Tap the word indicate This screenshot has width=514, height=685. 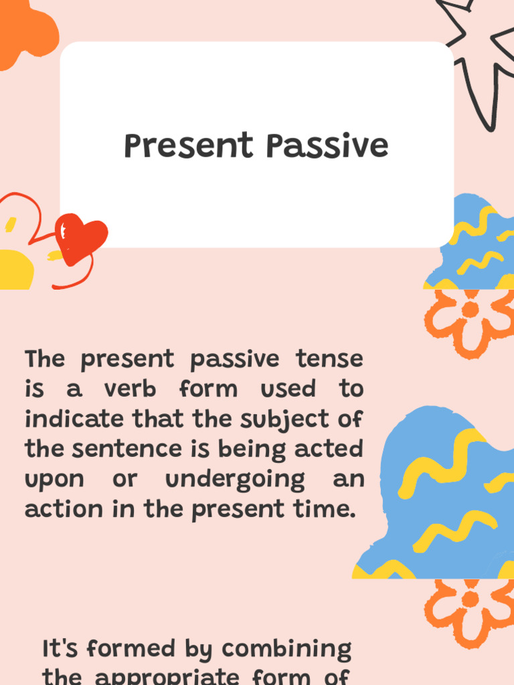(74, 419)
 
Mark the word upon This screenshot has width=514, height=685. (55, 480)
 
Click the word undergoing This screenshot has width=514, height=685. (235, 480)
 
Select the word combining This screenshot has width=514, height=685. (287, 649)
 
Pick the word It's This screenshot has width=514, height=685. (62, 648)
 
